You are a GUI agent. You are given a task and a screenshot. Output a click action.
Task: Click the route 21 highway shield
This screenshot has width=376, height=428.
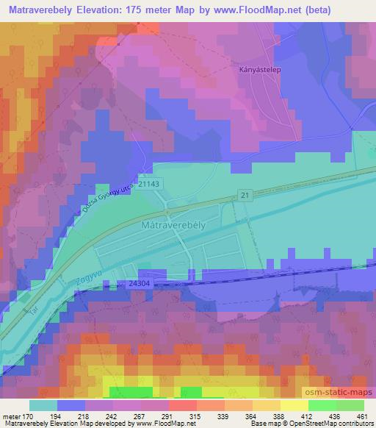[245, 193]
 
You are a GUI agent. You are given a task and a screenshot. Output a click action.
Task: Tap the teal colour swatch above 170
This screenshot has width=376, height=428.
[43, 405]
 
